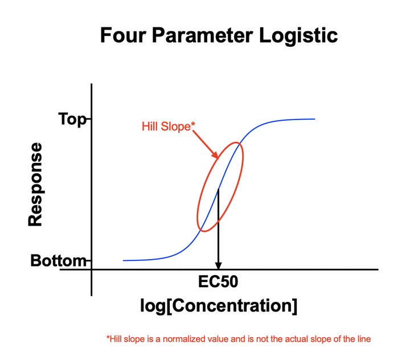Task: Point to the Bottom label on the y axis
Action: coord(57,261)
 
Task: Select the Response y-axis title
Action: coord(35,185)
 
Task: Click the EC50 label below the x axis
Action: coord(219,281)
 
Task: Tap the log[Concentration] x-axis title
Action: coord(219,306)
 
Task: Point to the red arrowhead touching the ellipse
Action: coord(216,156)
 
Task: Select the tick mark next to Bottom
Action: coord(88,261)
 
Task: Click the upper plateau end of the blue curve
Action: coord(314,119)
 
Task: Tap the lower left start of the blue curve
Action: coord(124,260)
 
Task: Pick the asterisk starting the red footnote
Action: coord(108,338)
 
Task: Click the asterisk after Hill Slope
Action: coord(191,124)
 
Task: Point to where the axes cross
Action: coord(91,269)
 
